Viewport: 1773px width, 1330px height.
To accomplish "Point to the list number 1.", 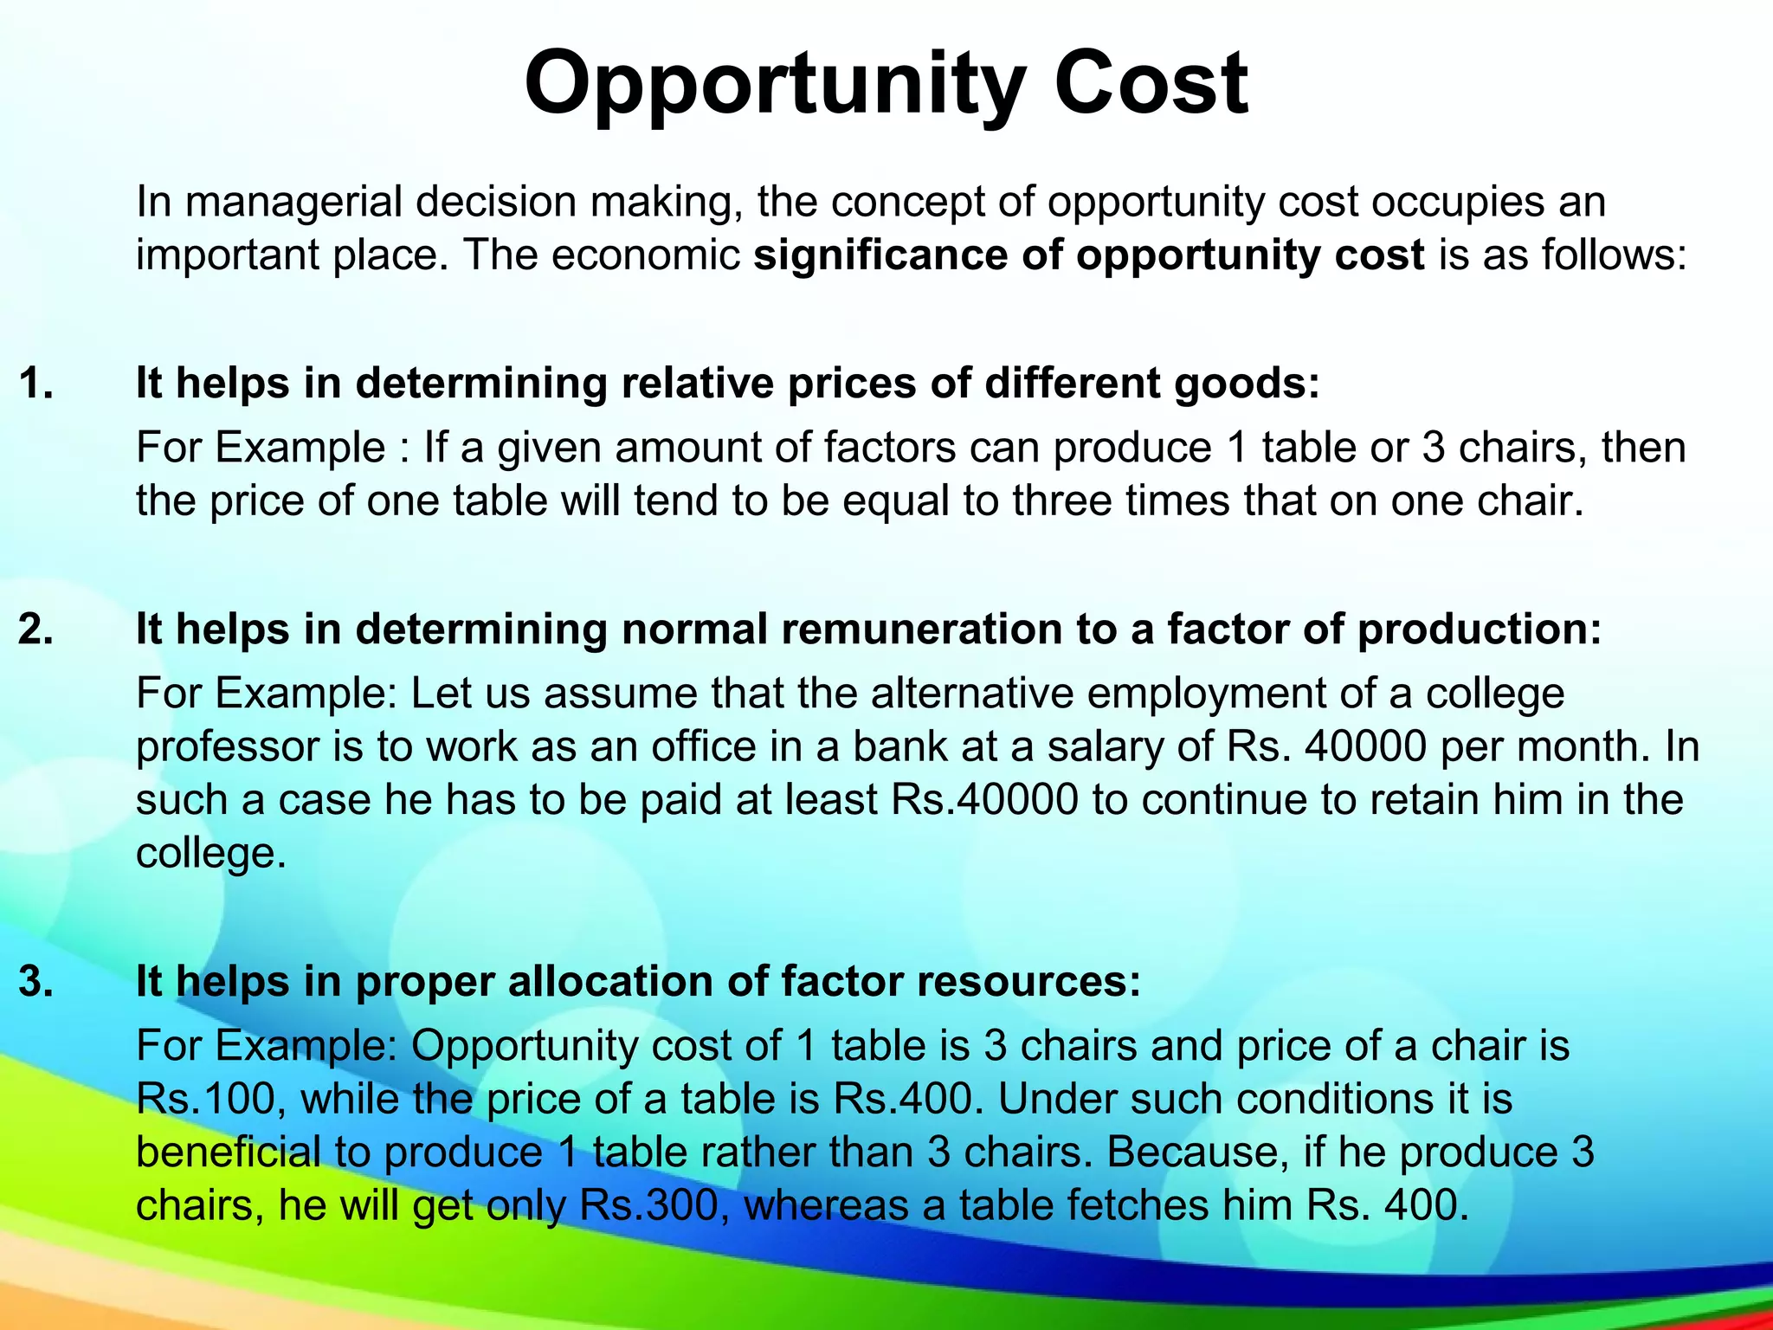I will coord(35,383).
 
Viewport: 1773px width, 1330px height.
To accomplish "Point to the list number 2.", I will coord(35,629).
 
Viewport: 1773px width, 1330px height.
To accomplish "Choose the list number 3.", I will coord(35,982).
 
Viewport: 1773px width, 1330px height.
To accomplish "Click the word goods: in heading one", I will coord(1248,383).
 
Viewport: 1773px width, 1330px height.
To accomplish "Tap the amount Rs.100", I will coord(211,1099).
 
